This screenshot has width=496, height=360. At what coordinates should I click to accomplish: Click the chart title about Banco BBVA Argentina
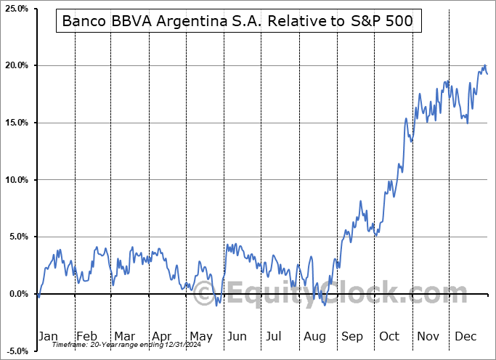point(237,21)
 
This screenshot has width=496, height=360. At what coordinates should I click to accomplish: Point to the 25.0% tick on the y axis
point(16,9)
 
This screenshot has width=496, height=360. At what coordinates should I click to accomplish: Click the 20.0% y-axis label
point(16,66)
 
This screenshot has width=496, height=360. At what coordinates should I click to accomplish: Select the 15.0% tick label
point(16,123)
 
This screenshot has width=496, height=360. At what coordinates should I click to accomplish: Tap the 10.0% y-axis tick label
point(16,180)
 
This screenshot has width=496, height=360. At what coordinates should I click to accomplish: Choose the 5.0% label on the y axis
point(17,237)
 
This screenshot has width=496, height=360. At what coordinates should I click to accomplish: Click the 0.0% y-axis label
point(17,294)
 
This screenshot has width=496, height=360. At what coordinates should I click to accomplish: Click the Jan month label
point(47,336)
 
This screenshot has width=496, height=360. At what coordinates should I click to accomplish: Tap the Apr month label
point(161,336)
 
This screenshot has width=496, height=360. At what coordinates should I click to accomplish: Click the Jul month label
point(275,336)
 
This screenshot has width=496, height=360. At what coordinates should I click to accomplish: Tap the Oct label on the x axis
point(389,336)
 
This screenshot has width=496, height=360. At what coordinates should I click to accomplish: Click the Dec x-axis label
point(465,336)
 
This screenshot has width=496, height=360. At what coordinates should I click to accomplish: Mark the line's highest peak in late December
point(484,65)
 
